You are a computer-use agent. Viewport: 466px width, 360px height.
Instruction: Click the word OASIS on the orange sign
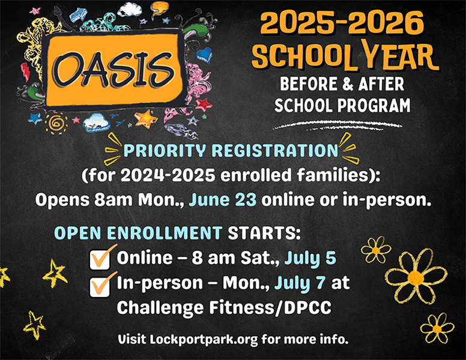point(113,70)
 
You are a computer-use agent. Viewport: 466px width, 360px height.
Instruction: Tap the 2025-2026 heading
point(342,23)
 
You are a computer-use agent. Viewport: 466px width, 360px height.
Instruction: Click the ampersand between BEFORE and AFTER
point(348,84)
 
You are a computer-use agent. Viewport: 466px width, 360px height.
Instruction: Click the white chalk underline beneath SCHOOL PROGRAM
point(337,125)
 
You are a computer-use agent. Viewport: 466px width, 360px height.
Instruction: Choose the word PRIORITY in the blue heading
point(165,150)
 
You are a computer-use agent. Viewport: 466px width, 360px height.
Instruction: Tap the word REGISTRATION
point(275,150)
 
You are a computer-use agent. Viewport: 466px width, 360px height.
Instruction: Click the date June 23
point(223,200)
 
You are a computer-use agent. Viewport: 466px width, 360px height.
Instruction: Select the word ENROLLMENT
point(165,233)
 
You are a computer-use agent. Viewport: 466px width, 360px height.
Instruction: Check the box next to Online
point(100,260)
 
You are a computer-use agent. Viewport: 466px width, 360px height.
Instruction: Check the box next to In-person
point(100,286)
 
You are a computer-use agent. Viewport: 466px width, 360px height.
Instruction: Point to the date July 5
point(310,258)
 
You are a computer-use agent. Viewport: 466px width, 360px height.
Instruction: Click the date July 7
point(300,283)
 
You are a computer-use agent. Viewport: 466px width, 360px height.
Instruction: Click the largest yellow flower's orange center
point(416,278)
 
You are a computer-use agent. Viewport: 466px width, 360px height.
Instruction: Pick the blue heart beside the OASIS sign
point(204,55)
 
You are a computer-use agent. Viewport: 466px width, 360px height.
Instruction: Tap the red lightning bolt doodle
point(25,72)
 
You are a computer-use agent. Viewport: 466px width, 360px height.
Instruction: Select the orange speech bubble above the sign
point(159,8)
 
